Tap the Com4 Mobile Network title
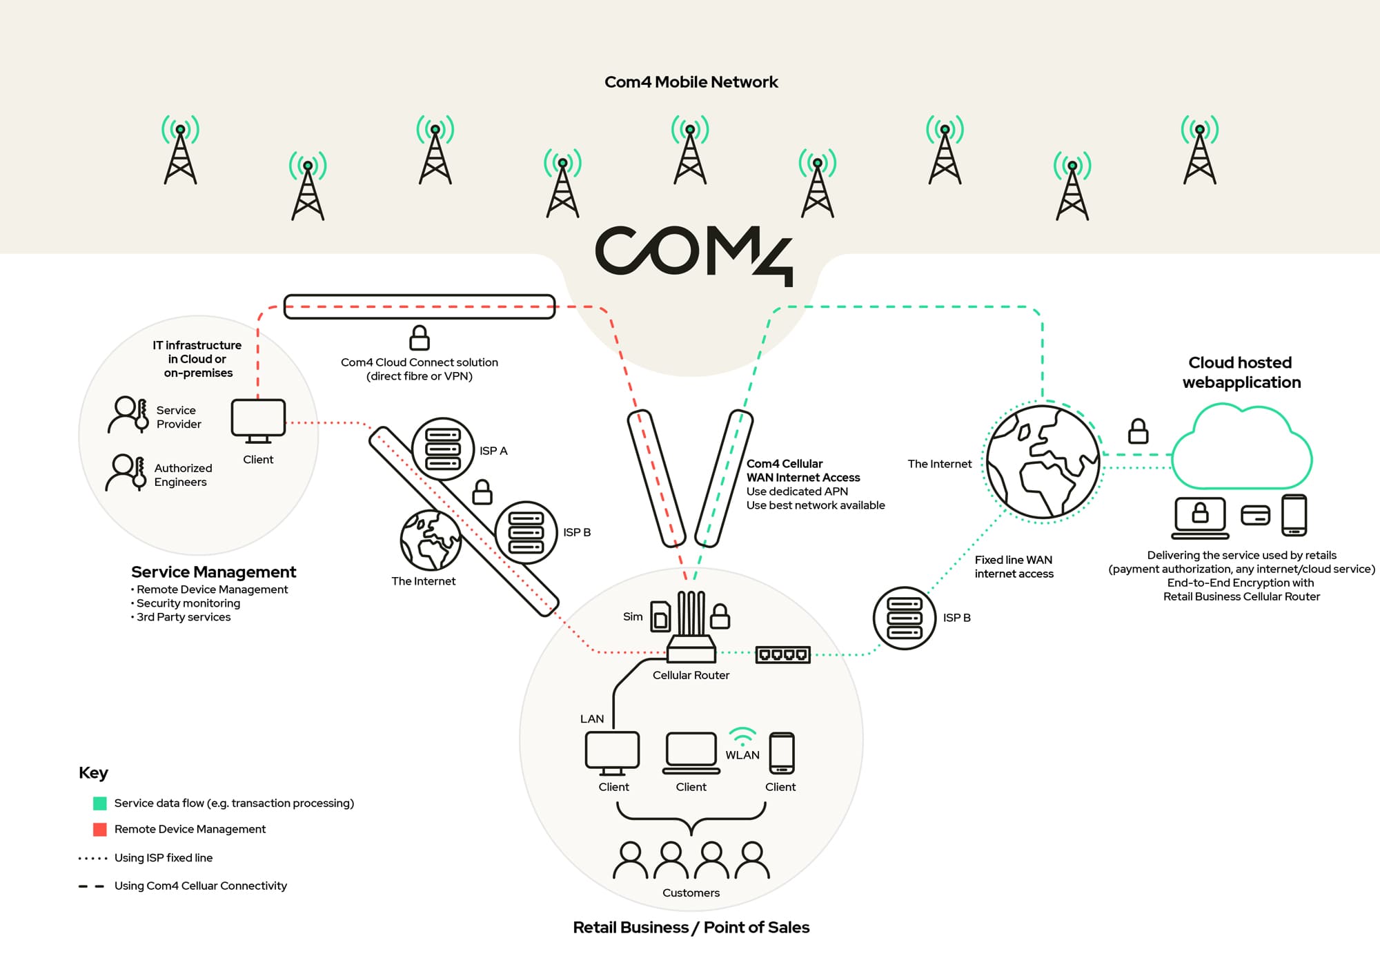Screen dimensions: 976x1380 (x=691, y=82)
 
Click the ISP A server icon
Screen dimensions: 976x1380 (x=443, y=449)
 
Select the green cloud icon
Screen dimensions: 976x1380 (x=1242, y=449)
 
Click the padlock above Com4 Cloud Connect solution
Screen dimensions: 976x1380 (x=420, y=338)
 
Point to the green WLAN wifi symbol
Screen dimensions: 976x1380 (x=742, y=736)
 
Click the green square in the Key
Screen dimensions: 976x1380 (x=100, y=803)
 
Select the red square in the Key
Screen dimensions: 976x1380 (x=100, y=829)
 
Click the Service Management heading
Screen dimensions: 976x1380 (x=213, y=572)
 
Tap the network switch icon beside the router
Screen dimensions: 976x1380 (x=782, y=654)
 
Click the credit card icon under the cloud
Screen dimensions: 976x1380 (x=1255, y=515)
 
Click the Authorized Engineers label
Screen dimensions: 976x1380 (x=183, y=475)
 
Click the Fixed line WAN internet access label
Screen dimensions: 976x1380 (x=1014, y=567)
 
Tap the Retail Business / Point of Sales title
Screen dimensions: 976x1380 (x=691, y=927)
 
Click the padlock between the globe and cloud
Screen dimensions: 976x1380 (x=1138, y=432)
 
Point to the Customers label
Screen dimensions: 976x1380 (x=691, y=892)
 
